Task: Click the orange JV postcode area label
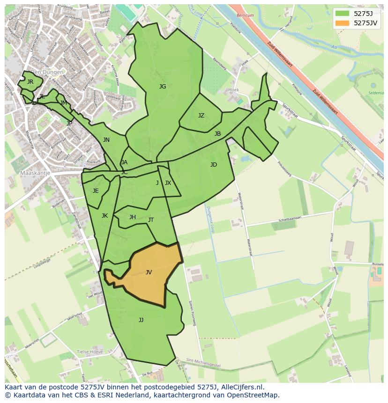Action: tap(149, 272)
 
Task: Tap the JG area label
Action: tap(163, 87)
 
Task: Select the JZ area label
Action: tap(201, 116)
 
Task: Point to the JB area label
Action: tap(217, 134)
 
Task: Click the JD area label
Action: tap(214, 165)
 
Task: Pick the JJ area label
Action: tap(141, 320)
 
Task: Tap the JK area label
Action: tap(104, 216)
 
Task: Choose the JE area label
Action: tap(96, 191)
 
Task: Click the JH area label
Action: tap(133, 217)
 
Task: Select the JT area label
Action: tap(151, 220)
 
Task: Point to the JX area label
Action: tap(168, 183)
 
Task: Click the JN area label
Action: tap(106, 140)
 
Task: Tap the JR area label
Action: tap(30, 82)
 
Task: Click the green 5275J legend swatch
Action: tap(343, 13)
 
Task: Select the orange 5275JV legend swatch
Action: tap(343, 22)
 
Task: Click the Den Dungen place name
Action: tap(47, 73)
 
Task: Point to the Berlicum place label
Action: tap(245, 15)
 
